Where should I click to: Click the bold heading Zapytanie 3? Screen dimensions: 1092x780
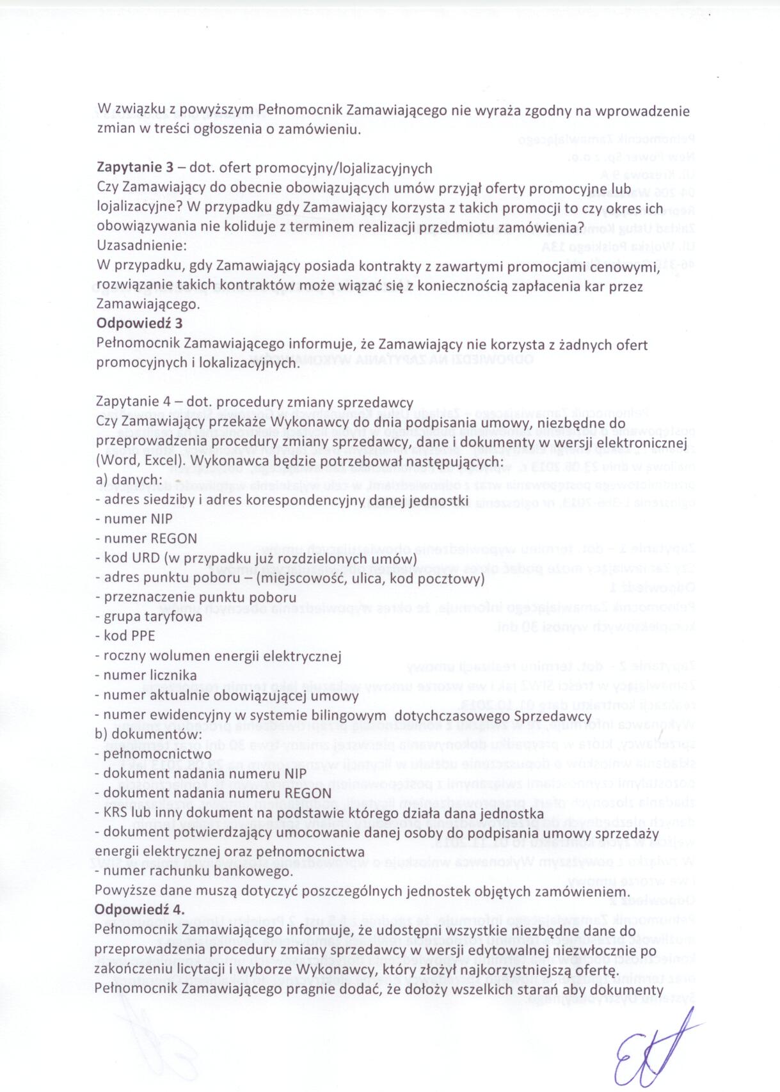pos(134,168)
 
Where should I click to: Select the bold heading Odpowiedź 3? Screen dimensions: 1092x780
pos(139,323)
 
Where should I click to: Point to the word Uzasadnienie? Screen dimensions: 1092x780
pos(141,245)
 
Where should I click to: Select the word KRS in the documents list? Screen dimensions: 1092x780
pos(116,813)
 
